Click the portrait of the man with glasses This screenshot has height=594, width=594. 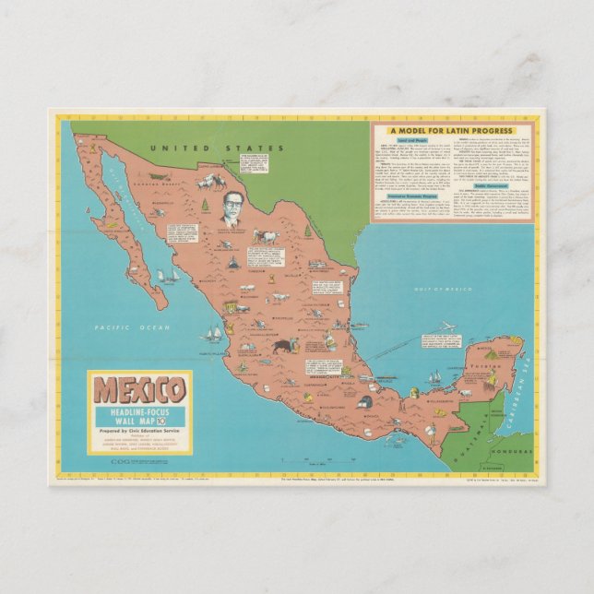[x=231, y=211]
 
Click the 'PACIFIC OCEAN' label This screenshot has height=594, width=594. [x=124, y=327]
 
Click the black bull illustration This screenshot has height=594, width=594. [x=280, y=347]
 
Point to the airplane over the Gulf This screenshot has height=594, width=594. [x=446, y=327]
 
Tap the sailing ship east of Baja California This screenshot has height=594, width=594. [x=168, y=275]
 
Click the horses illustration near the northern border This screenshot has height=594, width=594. [x=209, y=181]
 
